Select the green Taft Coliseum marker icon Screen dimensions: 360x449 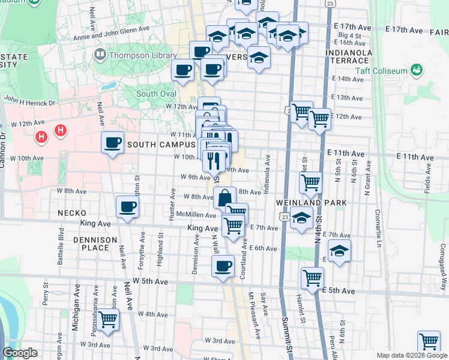pos(416,71)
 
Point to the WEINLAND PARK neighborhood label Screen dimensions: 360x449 pos(311,203)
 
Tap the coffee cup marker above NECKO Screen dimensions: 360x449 pos(127,207)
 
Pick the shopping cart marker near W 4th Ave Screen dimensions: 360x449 pos(108,319)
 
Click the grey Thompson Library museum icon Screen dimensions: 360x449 pos(100,55)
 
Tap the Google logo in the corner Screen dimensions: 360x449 pos(20,353)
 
